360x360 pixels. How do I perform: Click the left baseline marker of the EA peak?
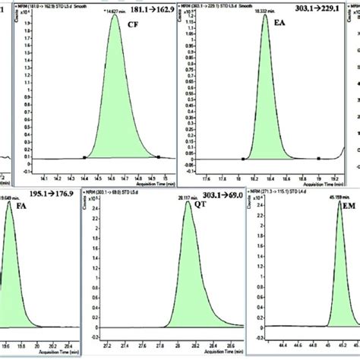click(x=242, y=159)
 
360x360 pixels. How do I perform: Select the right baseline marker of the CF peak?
click(x=158, y=158)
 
